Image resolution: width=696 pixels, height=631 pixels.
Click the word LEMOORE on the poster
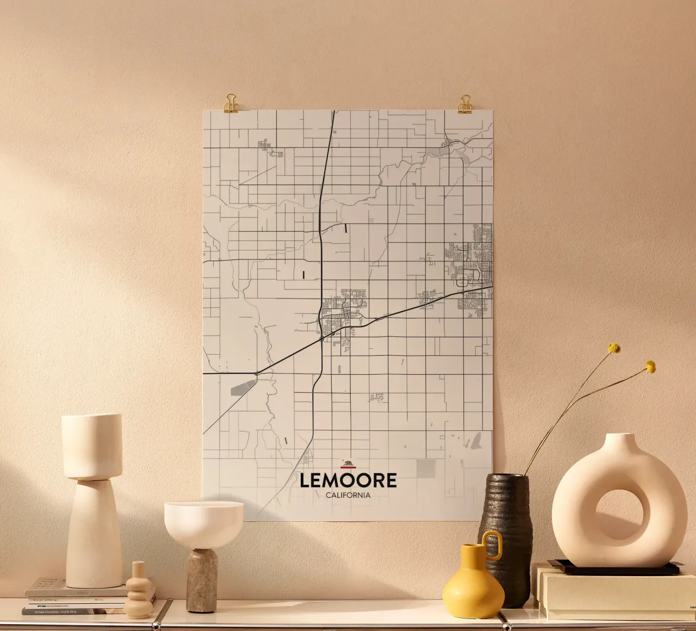[348, 480]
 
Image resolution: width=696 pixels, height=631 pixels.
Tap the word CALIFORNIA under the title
[348, 496]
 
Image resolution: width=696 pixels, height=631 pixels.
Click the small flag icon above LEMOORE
[348, 464]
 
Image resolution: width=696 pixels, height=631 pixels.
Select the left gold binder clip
[231, 103]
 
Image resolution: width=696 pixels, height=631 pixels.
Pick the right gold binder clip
[464, 104]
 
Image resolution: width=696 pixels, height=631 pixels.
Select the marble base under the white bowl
[202, 580]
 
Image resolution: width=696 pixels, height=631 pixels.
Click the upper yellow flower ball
[614, 348]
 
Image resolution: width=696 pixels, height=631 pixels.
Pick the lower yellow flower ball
[650, 367]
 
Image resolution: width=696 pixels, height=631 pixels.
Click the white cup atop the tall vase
[91, 444]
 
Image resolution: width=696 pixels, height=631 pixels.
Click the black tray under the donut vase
[614, 569]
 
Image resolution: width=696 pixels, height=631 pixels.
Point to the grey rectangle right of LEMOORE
[426, 468]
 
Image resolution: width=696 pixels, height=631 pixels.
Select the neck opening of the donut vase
[621, 436]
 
